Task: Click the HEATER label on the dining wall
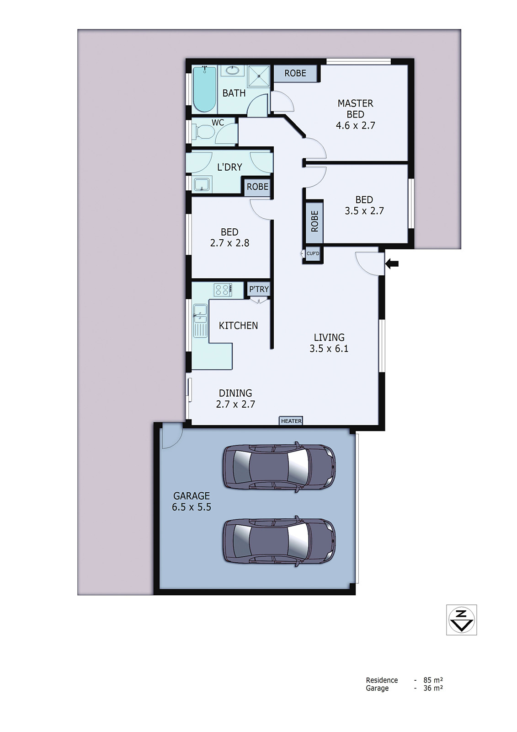click(291, 421)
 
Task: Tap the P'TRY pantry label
click(259, 289)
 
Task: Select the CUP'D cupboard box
click(313, 253)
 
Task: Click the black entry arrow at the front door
click(392, 264)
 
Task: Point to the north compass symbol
click(461, 620)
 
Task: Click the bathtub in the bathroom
click(204, 89)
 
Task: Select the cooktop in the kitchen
click(223, 290)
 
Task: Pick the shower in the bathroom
click(260, 75)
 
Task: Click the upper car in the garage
click(279, 467)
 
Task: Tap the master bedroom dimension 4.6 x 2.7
click(355, 125)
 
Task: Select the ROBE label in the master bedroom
click(295, 73)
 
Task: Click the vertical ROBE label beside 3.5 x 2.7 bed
click(314, 221)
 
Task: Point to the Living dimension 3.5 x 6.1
click(329, 349)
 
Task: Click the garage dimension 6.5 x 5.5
click(192, 507)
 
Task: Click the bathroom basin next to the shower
click(233, 70)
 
